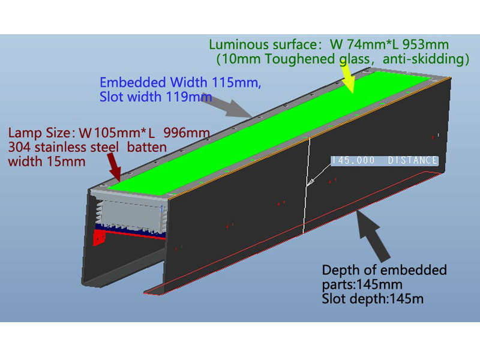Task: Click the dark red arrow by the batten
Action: (x=114, y=166)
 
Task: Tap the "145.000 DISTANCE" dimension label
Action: (x=385, y=160)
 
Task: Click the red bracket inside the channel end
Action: (x=99, y=238)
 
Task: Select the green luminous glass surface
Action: (x=269, y=133)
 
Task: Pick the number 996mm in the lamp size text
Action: (x=187, y=133)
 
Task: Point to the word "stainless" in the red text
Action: (x=77, y=147)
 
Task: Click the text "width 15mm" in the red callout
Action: (x=47, y=161)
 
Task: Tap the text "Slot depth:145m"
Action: (x=373, y=299)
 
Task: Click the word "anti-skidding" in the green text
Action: (x=425, y=59)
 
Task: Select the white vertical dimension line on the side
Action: (x=307, y=186)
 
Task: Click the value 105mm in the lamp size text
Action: (x=117, y=133)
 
